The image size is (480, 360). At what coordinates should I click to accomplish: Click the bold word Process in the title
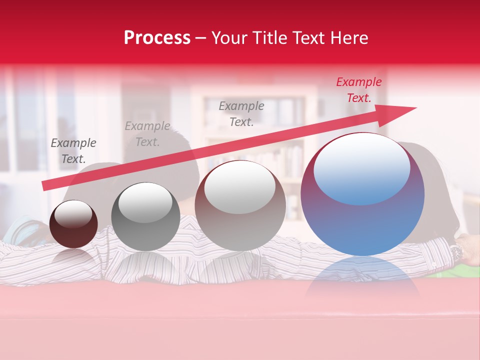157,38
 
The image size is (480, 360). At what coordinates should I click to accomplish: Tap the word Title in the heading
267,38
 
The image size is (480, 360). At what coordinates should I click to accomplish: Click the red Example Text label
358,90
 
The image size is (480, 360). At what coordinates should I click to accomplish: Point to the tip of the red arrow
415,108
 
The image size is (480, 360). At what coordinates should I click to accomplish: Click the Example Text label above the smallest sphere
73,150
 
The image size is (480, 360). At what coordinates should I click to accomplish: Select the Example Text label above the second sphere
147,133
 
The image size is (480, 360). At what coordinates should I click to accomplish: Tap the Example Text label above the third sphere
241,113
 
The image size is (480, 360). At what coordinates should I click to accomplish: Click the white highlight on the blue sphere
361,167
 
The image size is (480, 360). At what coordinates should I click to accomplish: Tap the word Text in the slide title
307,38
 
